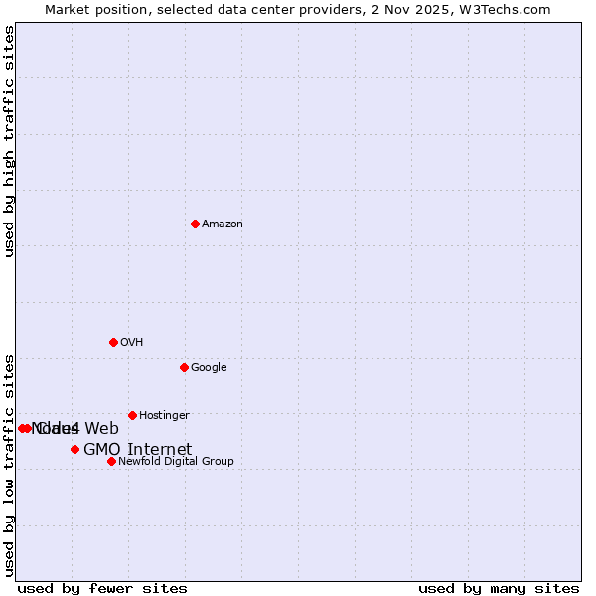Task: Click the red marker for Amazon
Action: pos(195,223)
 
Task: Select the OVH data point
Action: pos(113,342)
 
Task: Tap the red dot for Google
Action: pos(184,367)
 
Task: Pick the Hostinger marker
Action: pos(132,415)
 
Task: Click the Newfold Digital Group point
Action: pos(111,461)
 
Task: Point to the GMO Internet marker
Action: pos(74,449)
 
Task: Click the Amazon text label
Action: pos(223,224)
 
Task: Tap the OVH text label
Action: pos(132,343)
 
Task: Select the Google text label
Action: pos(209,368)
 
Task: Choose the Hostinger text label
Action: pos(164,416)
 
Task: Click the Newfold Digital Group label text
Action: pos(176,462)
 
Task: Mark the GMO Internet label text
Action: pos(137,450)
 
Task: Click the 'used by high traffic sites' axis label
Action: pos(9,141)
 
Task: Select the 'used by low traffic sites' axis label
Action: pos(9,464)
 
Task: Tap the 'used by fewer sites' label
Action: pos(102,589)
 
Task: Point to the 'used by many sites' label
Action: pos(499,589)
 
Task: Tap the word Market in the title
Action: pos(67,9)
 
